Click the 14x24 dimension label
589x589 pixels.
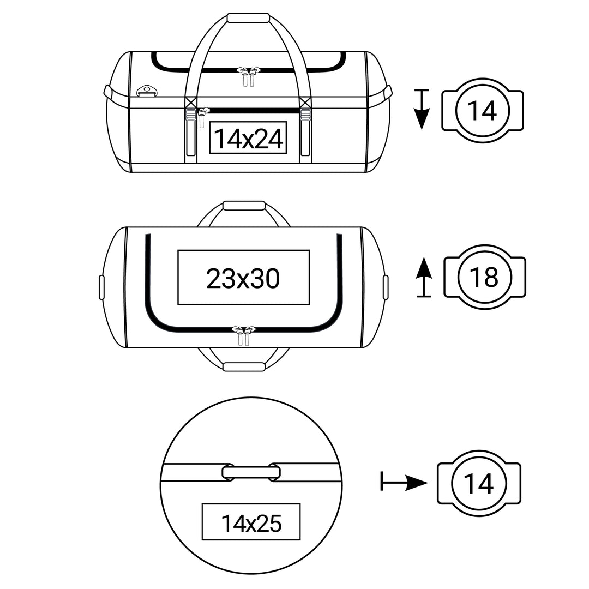pos(248,139)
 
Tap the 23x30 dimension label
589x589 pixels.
pos(243,278)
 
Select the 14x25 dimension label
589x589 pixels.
pos(251,523)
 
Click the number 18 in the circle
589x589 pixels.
pos(484,277)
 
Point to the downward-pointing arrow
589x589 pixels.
pos(422,109)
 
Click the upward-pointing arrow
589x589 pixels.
pos(424,277)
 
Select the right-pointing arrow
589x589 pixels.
pos(404,482)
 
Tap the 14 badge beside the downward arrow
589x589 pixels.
pos(482,110)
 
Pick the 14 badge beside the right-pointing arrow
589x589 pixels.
pos(479,483)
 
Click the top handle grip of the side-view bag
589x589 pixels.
pos(248,19)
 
